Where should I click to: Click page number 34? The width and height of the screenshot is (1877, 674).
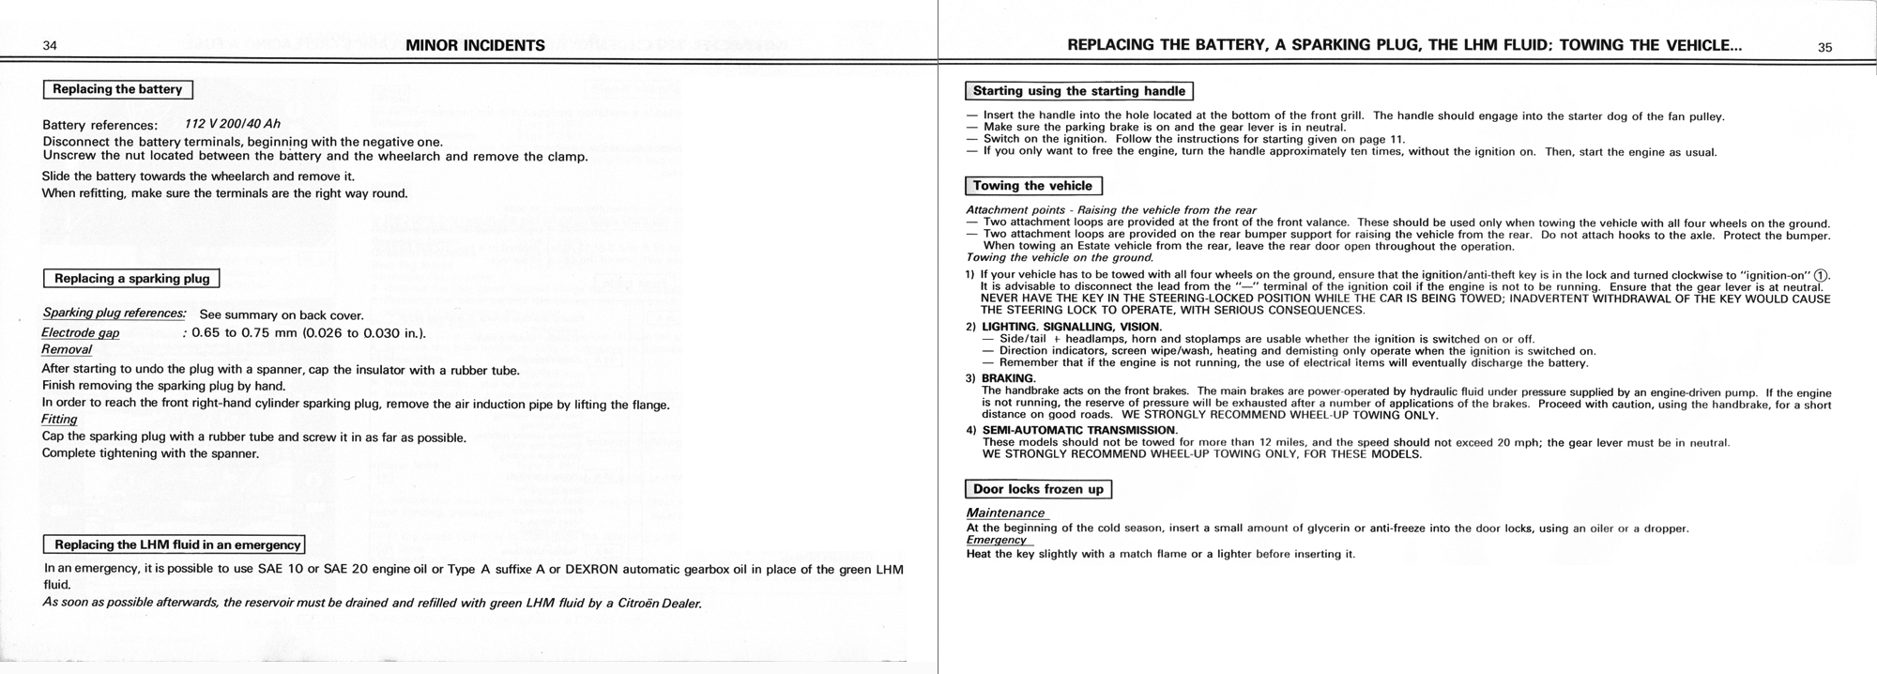51,46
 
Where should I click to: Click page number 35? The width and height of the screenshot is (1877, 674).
1824,47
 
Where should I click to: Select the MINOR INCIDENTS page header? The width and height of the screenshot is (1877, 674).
475,45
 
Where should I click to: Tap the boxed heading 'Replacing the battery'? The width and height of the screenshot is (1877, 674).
117,89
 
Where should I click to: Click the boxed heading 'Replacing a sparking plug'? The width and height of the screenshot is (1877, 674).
132,279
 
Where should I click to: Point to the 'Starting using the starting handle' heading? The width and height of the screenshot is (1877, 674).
1079,91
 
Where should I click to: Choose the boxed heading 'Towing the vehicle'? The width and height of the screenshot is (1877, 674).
1032,186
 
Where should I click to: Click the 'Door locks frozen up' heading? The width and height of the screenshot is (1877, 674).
1038,489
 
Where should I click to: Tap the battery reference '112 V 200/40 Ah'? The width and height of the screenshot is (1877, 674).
233,124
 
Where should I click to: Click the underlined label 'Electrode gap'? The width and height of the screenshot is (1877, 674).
81,333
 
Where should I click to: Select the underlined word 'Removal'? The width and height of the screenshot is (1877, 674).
67,349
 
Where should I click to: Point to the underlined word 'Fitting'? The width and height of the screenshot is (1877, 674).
59,420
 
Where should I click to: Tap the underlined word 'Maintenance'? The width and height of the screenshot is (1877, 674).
1005,513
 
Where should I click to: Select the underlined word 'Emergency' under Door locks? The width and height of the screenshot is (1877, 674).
997,540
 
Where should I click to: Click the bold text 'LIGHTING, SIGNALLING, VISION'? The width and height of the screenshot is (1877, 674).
1058,327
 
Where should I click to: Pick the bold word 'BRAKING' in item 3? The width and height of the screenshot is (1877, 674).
1007,378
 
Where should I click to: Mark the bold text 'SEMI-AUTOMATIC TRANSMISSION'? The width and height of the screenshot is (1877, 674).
1078,431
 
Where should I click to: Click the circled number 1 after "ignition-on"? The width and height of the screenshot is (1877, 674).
1821,275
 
